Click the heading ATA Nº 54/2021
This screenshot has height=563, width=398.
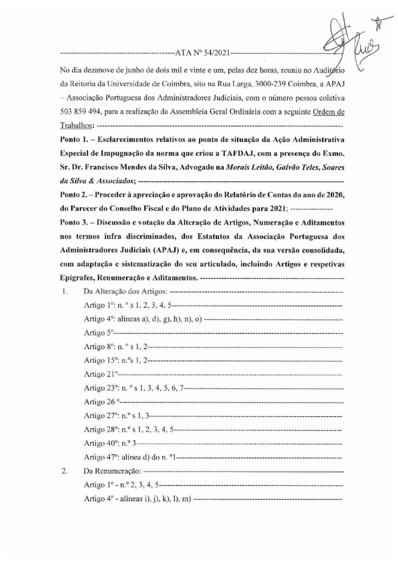click(x=201, y=54)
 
